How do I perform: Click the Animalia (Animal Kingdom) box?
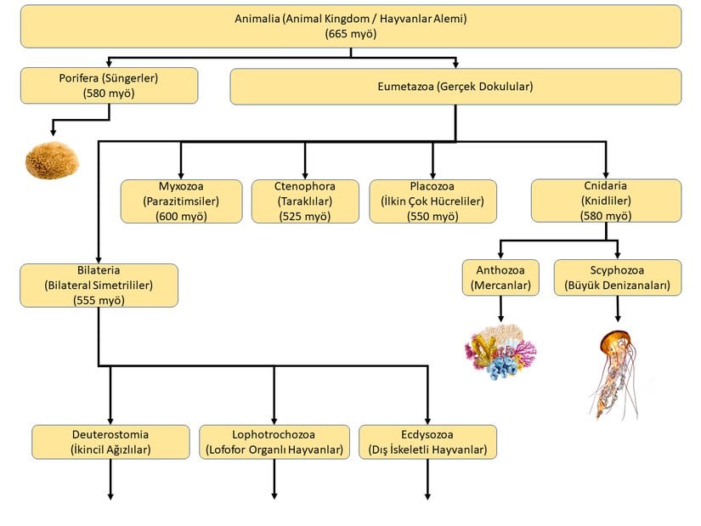(x=351, y=25)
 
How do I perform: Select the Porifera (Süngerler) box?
(x=109, y=85)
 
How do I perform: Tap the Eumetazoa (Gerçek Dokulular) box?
(x=455, y=86)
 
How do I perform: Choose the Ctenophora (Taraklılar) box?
(x=305, y=201)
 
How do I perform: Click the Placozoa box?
(x=432, y=201)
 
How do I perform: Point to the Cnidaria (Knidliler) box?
(x=606, y=201)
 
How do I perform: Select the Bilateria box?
(x=99, y=285)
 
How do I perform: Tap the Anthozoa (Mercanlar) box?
(x=501, y=277)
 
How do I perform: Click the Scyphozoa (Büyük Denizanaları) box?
(x=618, y=277)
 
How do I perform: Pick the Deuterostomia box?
(x=110, y=442)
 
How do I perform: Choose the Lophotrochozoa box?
(x=274, y=442)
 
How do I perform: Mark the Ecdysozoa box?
(x=427, y=442)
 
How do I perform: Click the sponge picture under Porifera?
(x=52, y=160)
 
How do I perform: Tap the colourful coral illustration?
(x=501, y=350)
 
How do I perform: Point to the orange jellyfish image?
(x=615, y=372)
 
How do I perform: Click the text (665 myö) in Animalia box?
(x=351, y=34)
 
